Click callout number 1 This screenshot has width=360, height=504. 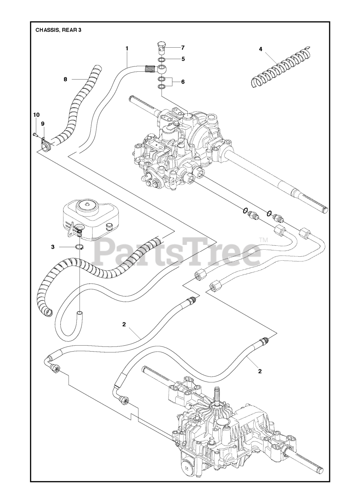coord(127,48)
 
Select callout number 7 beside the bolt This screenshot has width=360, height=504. coord(183,48)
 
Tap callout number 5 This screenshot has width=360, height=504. coord(183,59)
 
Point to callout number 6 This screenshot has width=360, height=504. coord(183,82)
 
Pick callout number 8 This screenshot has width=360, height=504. coord(65,79)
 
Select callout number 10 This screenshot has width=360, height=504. coord(36,115)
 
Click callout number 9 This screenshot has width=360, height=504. coord(43,123)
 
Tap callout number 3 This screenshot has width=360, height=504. coord(52,247)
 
